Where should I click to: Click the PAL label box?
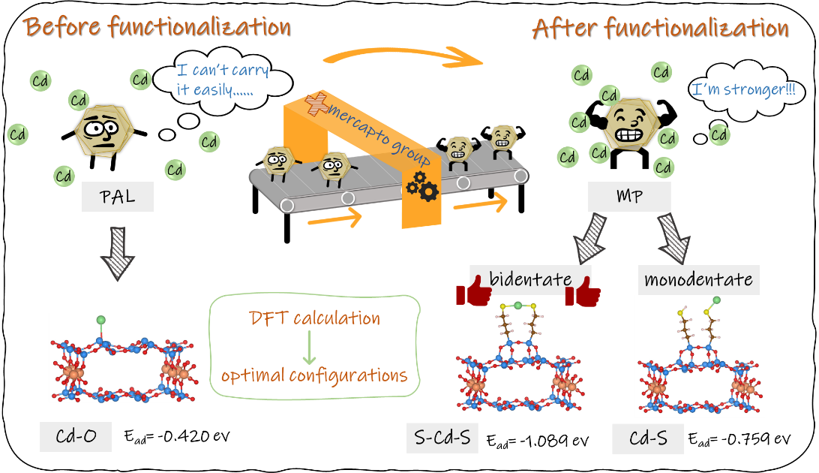click(117, 198)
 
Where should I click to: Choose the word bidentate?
click(530, 279)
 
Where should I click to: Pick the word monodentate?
click(697, 280)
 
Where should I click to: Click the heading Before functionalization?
click(156, 27)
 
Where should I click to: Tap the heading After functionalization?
click(660, 29)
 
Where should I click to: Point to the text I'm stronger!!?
click(743, 90)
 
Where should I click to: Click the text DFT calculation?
click(314, 318)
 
